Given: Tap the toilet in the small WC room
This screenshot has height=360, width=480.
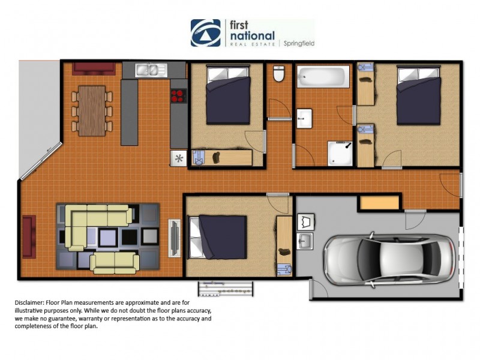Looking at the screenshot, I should click(279, 74).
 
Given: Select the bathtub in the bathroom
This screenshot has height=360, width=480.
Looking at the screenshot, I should click(323, 77).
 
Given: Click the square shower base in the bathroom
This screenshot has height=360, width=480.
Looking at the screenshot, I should click(340, 153).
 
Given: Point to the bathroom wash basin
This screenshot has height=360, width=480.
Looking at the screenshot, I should click(305, 118).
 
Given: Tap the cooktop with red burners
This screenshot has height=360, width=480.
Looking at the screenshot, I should click(179, 96).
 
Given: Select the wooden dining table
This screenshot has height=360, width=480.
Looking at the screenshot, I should click(92, 110).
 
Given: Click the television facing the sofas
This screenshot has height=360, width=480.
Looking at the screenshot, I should click(175, 238).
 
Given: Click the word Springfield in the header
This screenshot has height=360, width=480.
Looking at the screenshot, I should click(298, 43).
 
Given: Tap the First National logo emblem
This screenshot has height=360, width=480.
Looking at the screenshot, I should click(205, 33).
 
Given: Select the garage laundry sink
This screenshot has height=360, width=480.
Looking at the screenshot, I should click(305, 242).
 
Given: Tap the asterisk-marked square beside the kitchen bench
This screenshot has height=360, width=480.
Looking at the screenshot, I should click(179, 158).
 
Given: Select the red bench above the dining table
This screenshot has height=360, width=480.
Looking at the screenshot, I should click(94, 68).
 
